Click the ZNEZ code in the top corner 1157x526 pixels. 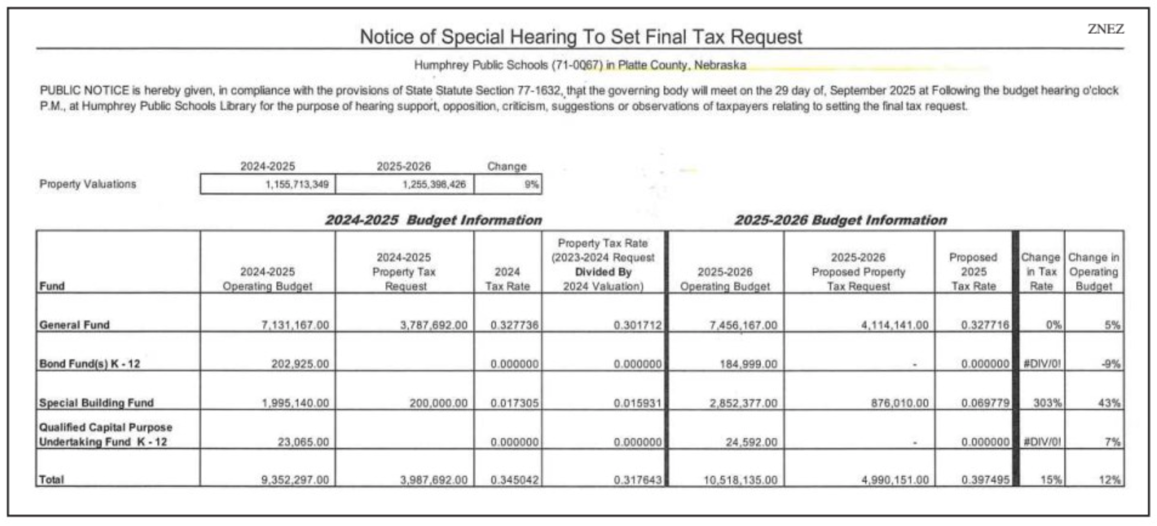click(1105, 29)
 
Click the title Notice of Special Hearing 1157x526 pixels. click(581, 37)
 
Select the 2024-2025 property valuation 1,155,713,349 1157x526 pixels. click(296, 185)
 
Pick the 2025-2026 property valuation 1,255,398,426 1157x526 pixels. click(433, 185)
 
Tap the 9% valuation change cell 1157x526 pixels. click(531, 185)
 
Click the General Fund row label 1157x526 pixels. click(74, 325)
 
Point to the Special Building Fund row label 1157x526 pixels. click(96, 403)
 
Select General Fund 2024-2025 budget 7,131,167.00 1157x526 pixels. click(295, 325)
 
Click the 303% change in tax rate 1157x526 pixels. click(1047, 403)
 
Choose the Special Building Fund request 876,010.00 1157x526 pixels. click(900, 403)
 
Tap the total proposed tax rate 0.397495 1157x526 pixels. click(985, 480)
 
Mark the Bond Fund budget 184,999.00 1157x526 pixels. click(748, 364)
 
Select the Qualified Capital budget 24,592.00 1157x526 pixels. click(751, 442)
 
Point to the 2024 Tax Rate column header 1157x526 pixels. click(507, 279)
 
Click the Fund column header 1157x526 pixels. click(52, 286)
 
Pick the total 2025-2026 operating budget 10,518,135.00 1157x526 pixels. click(740, 480)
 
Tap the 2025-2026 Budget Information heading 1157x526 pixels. click(840, 220)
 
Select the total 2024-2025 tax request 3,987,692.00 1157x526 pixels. click(433, 480)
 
